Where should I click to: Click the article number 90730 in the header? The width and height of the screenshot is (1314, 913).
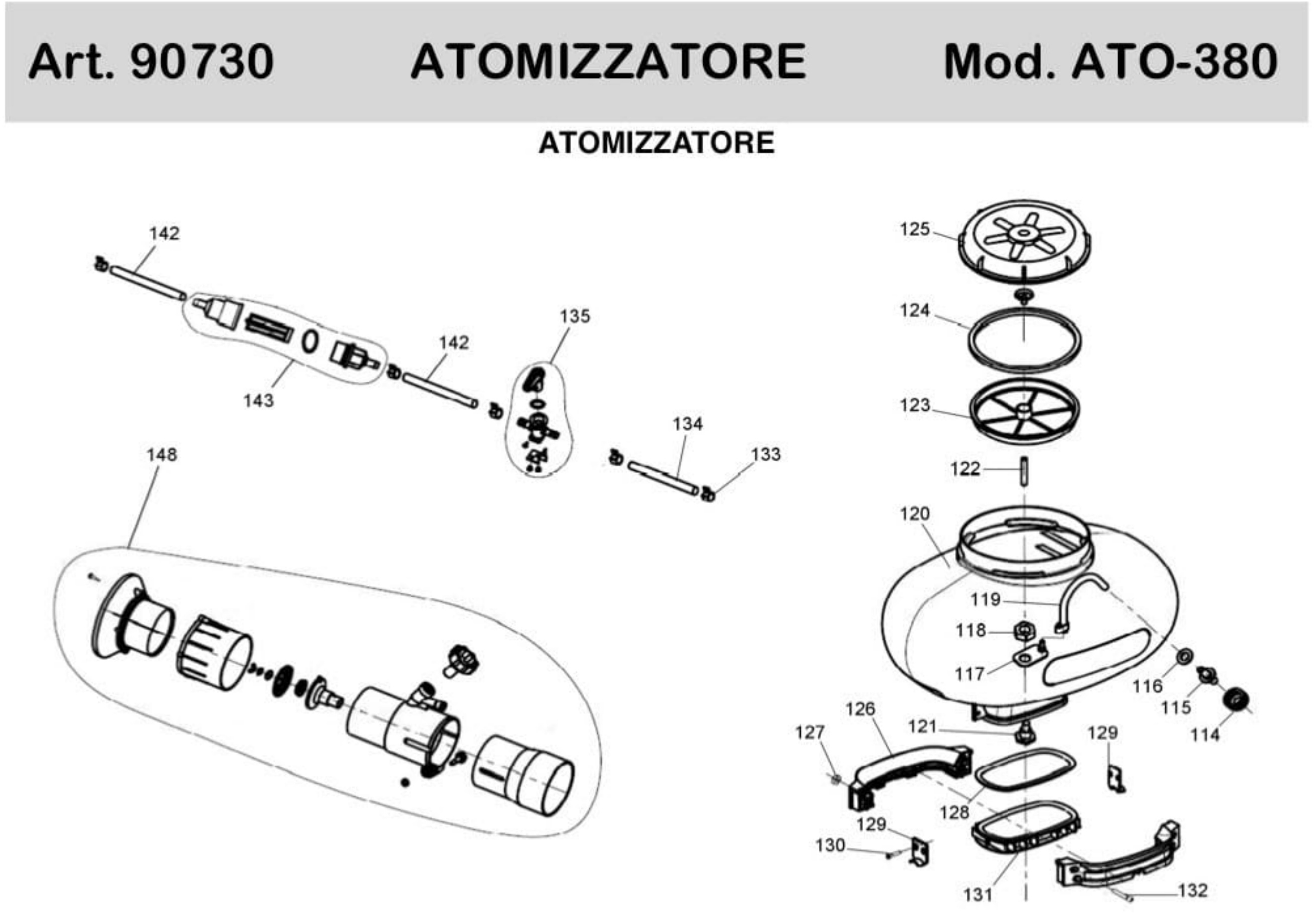202,61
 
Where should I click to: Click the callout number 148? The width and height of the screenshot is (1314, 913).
162,455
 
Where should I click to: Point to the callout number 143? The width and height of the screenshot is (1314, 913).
259,400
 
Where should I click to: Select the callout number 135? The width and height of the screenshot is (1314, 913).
575,317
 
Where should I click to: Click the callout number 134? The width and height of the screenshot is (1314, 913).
687,424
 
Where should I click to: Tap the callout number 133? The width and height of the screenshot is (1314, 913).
765,454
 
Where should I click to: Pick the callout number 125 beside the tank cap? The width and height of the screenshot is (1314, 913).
915,230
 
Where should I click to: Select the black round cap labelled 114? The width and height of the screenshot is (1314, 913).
1237,699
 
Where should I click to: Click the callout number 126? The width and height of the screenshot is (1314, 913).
860,709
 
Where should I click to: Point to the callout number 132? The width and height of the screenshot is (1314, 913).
1193,891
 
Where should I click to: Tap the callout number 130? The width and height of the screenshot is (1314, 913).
830,845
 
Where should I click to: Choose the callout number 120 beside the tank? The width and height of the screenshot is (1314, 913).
915,514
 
